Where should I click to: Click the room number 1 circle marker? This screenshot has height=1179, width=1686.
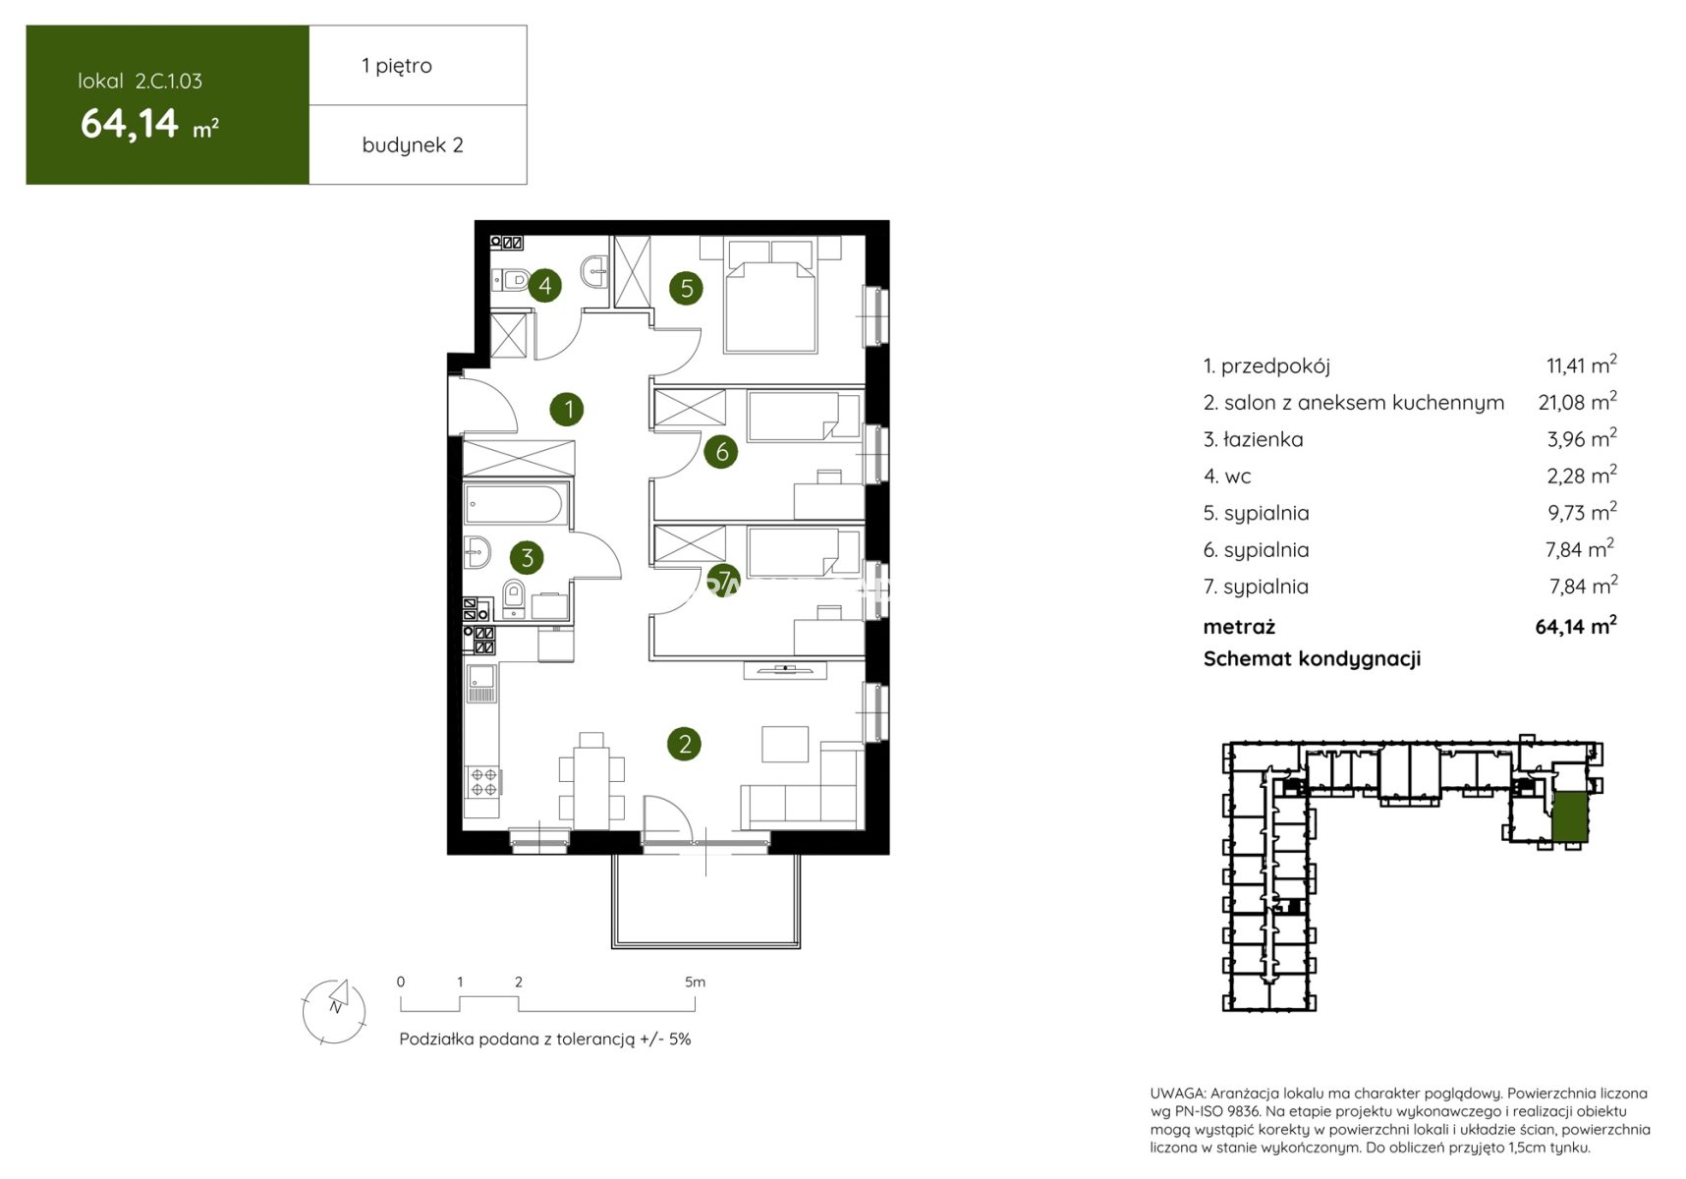point(567,409)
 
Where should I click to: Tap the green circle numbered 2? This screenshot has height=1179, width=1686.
point(684,744)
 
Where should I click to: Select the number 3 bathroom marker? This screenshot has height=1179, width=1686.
point(527,558)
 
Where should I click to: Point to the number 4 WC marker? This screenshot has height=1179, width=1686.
point(544,286)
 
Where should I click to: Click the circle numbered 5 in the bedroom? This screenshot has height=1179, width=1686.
point(686,288)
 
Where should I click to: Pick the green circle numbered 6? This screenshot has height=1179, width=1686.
point(721,452)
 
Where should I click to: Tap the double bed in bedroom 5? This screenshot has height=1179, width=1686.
point(770,294)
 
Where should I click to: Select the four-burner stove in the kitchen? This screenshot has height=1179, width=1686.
point(482,782)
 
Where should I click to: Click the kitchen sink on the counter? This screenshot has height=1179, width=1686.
point(481,683)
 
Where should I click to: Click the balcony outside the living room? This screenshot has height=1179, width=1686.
point(705,900)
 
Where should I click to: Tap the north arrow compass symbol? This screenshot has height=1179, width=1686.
point(334,1010)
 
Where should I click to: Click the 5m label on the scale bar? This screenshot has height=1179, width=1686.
point(695,982)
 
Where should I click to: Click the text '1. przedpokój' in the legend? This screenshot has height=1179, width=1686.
point(1266,366)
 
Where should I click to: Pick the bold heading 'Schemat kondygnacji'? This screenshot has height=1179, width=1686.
point(1312,659)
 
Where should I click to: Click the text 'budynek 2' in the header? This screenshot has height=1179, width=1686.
point(413,145)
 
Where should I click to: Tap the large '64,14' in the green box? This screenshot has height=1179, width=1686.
point(130,124)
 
